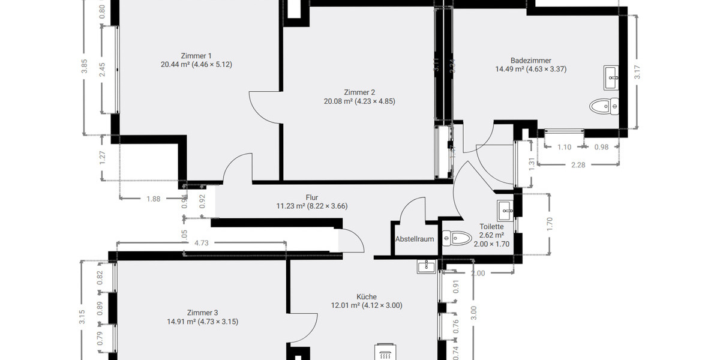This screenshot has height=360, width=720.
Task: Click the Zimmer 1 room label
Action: pyautogui.click(x=196, y=56)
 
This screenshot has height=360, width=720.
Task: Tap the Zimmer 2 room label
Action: pyautogui.click(x=359, y=92)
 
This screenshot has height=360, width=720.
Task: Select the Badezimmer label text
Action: pyautogui.click(x=530, y=60)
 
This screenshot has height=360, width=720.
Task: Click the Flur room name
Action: pyautogui.click(x=311, y=197)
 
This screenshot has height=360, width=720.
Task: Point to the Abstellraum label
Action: pyautogui.click(x=414, y=239)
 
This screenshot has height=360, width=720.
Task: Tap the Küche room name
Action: pyautogui.click(x=367, y=296)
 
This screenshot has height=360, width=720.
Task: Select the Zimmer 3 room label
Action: pyautogui.click(x=202, y=313)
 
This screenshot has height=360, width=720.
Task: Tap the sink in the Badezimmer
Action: pyautogui.click(x=611, y=75)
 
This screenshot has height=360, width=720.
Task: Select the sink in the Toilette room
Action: pyautogui.click(x=505, y=209)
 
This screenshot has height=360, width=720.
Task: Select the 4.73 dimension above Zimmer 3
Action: pyautogui.click(x=201, y=243)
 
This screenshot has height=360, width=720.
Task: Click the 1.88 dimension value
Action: pyautogui.click(x=153, y=199)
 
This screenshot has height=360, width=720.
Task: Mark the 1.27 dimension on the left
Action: pyautogui.click(x=103, y=157)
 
